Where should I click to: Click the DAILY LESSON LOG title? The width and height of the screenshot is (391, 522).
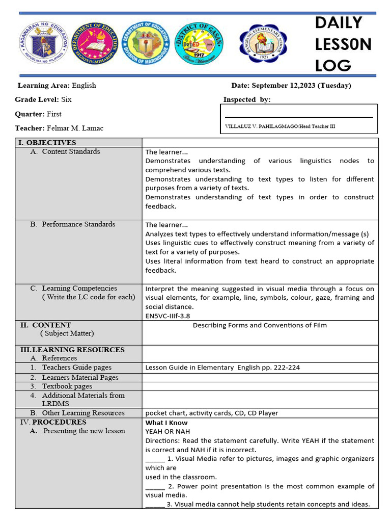point(343,44)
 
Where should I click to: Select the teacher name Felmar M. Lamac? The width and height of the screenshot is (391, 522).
point(75,128)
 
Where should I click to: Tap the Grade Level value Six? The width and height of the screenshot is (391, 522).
point(66,99)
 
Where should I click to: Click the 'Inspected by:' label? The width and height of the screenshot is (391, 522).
point(247,99)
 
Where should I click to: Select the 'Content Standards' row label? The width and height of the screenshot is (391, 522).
point(71,151)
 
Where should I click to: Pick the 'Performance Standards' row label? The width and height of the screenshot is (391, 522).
point(78,224)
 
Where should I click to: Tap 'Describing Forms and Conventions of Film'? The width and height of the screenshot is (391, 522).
point(260,325)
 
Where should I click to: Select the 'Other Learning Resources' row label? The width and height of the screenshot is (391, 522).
point(83,413)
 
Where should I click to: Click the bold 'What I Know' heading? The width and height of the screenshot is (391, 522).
point(166,423)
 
